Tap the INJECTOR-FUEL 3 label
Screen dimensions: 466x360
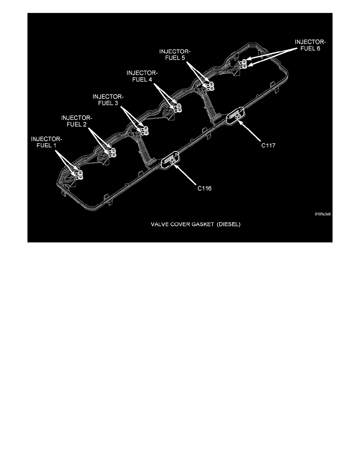pyautogui.click(x=108, y=99)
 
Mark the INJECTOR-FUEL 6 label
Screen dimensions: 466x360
pyautogui.click(x=311, y=45)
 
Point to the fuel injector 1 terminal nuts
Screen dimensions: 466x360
pyautogui.click(x=80, y=175)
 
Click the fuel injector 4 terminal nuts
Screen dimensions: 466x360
pyautogui.click(x=178, y=108)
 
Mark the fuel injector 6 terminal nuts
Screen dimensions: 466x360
pyautogui.click(x=244, y=64)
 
